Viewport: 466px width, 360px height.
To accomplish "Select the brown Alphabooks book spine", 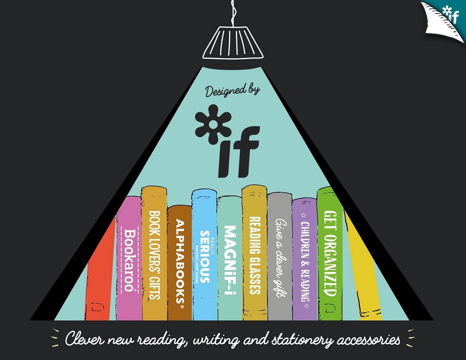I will click(180, 263).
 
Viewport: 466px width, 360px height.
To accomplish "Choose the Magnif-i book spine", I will click(229, 259).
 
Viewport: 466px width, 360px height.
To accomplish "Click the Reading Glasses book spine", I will click(254, 254).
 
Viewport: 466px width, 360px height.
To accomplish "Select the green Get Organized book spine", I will click(330, 254).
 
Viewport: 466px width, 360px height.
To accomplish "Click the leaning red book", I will click(100, 275).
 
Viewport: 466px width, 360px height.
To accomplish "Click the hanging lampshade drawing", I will click(232, 42).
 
